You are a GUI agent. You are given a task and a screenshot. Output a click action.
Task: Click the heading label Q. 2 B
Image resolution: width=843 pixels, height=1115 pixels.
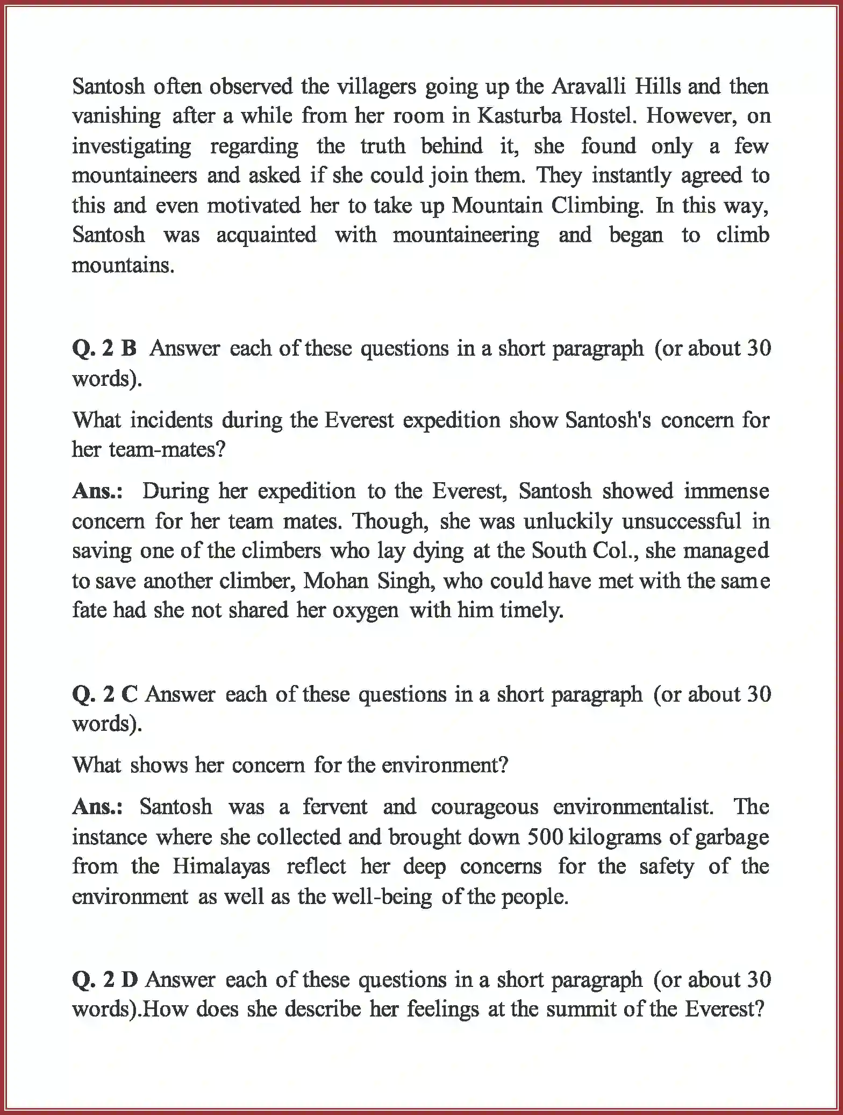[x=104, y=349]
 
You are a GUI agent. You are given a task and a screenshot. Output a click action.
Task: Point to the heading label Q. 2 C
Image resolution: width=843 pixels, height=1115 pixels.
[x=104, y=695]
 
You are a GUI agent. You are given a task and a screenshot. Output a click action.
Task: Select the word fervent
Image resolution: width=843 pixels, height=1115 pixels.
[x=334, y=807]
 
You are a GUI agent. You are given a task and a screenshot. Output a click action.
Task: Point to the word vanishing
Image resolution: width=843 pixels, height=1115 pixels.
[x=116, y=116]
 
